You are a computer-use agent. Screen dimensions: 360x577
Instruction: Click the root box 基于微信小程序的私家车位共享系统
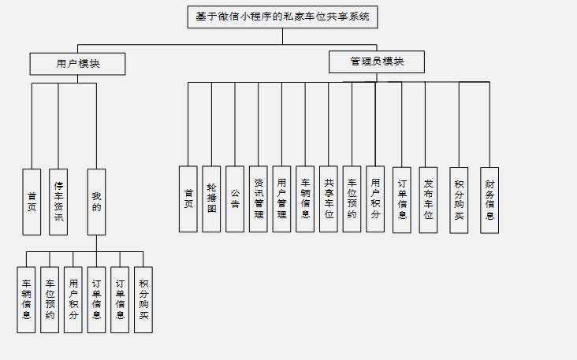(282, 17)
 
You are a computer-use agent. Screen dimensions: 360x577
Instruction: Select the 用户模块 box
(77, 64)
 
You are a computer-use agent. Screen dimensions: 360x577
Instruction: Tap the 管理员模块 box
(377, 62)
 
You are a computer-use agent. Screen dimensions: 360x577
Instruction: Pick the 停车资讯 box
(58, 202)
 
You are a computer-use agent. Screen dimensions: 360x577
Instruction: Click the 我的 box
(96, 202)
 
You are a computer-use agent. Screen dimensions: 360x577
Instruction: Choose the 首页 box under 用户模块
(32, 202)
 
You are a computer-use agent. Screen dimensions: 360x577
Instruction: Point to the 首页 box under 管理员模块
(188, 199)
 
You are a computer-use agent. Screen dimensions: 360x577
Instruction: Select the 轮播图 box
(211, 199)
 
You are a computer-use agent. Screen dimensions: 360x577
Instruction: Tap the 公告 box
(235, 199)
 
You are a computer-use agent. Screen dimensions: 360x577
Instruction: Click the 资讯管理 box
(259, 199)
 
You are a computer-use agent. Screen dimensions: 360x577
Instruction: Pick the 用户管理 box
(281, 199)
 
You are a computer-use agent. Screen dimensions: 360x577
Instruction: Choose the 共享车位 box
(329, 199)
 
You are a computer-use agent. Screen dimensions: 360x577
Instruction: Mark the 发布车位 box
(428, 199)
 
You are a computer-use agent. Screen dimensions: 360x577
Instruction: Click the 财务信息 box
(490, 199)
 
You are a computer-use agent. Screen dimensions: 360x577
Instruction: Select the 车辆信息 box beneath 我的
(26, 299)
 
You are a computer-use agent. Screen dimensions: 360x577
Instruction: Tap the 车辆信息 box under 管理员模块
(305, 199)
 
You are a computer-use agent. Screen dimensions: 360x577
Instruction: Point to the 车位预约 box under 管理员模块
(352, 199)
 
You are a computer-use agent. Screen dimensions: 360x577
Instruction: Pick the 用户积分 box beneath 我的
(73, 299)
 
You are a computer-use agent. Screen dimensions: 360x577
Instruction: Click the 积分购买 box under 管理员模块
(459, 199)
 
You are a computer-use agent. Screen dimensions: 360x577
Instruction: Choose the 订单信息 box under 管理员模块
(402, 199)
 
